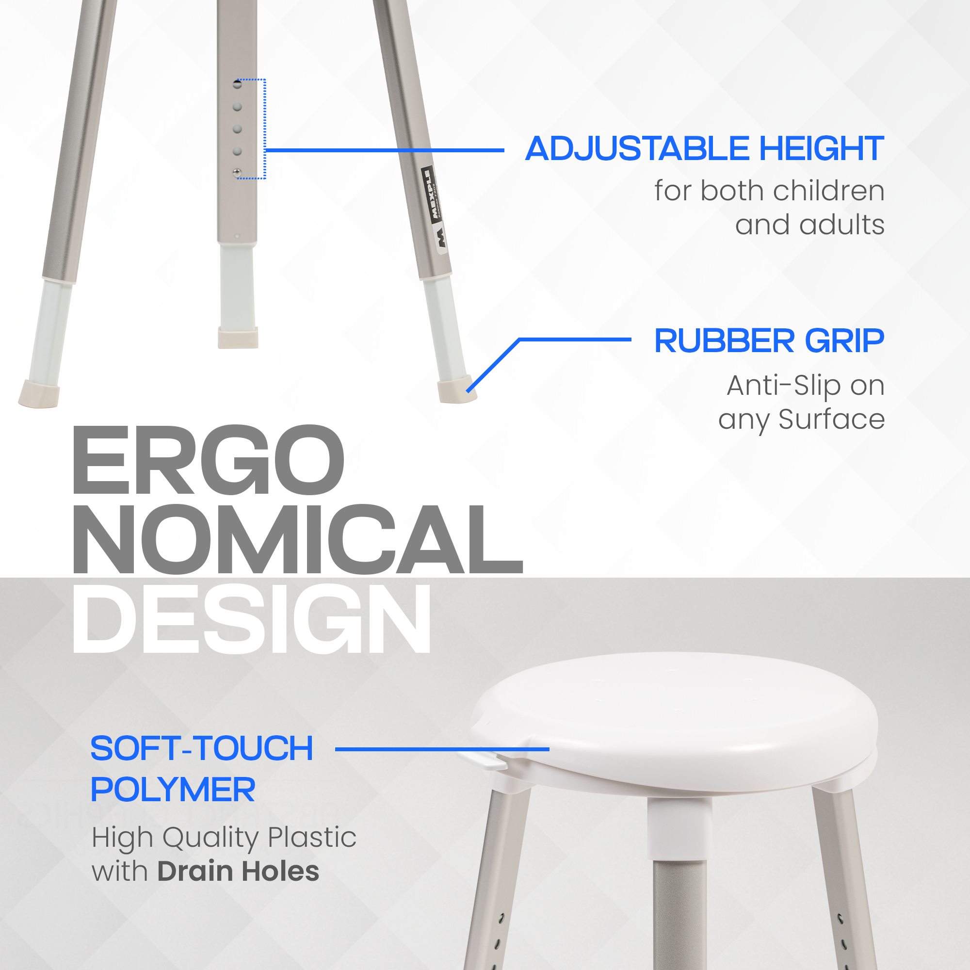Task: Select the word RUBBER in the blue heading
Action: [725, 341]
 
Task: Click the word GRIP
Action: [844, 341]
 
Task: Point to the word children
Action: [829, 191]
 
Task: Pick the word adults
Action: [842, 225]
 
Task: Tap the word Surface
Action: [832, 419]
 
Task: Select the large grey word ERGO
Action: [209, 460]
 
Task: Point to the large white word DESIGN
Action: [252, 618]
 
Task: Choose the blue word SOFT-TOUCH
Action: [202, 748]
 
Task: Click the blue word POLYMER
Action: [173, 790]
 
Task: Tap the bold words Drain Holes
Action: [239, 872]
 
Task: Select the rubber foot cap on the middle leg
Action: [238, 338]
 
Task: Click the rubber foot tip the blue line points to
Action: [457, 389]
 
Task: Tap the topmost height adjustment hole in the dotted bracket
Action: [238, 84]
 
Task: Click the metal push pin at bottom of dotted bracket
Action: [238, 173]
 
